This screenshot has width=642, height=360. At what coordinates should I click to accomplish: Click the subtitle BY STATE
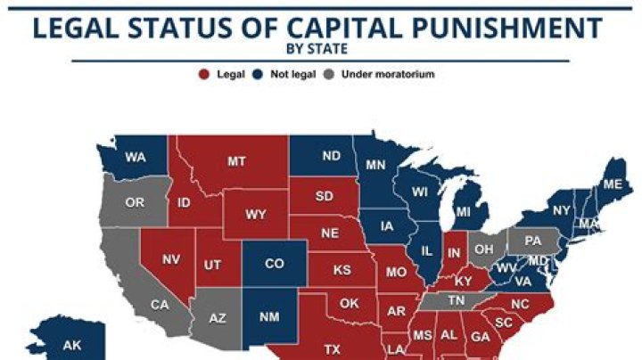point(320,50)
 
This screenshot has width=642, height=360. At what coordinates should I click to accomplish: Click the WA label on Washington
point(136,158)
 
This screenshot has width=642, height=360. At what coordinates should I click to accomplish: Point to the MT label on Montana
point(236,161)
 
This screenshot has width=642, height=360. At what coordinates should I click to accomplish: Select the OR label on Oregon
point(135,202)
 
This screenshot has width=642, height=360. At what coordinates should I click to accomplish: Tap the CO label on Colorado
point(276,264)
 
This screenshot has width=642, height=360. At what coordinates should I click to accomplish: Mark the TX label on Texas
point(333,348)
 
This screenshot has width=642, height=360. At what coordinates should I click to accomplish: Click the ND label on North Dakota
point(331,156)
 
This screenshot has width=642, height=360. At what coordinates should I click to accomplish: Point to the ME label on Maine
point(613,184)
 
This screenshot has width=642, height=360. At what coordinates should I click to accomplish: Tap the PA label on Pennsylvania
point(534,241)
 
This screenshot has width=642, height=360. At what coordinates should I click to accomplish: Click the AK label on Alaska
point(70,345)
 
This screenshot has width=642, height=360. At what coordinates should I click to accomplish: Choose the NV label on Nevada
point(171,259)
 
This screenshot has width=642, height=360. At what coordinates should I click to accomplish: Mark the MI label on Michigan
point(463,213)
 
